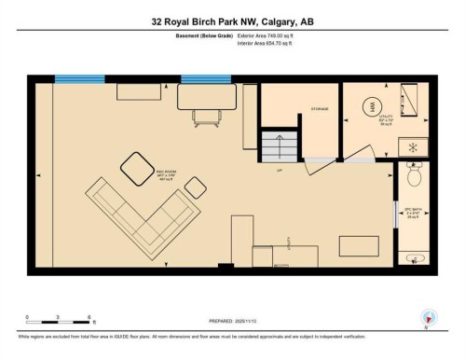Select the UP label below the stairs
(278, 170)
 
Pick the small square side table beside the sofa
(195, 187)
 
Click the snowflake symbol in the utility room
(412, 147)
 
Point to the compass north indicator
(428, 317)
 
